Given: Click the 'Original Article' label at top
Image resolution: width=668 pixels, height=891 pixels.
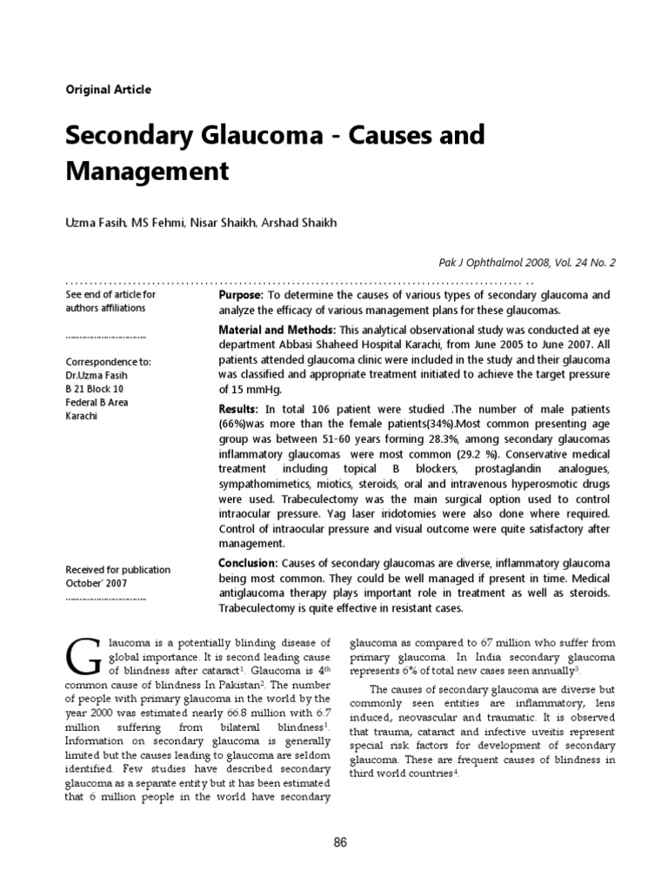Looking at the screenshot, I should tap(109, 90).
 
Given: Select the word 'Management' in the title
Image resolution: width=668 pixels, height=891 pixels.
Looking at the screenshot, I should tap(148, 171).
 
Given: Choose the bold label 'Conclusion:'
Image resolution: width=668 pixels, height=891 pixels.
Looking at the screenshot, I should tap(248, 564).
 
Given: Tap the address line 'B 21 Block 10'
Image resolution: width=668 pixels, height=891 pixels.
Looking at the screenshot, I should tap(95, 389).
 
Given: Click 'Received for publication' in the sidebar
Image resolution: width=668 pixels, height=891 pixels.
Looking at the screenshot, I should tap(118, 570).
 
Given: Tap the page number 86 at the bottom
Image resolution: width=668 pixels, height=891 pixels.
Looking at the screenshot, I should tap(340, 842).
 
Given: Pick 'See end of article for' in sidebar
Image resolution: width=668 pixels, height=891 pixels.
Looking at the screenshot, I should tap(110, 294).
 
